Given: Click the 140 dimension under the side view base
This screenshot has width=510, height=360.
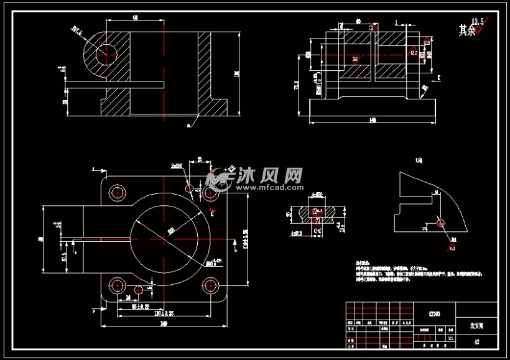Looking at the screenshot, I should [x=372, y=119].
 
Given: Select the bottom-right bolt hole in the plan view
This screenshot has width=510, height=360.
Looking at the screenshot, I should [x=210, y=286].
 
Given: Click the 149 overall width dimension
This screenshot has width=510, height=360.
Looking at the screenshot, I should [x=164, y=324].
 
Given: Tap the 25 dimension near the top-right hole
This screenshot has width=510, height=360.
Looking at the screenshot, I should [x=200, y=160].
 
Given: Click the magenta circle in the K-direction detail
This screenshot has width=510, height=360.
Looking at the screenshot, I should [x=441, y=223].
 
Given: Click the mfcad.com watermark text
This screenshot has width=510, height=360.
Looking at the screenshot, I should [x=269, y=186].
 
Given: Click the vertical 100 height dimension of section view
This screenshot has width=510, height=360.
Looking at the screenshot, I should [x=236, y=73].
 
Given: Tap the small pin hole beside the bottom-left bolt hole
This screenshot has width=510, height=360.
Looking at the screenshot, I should [x=139, y=289].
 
